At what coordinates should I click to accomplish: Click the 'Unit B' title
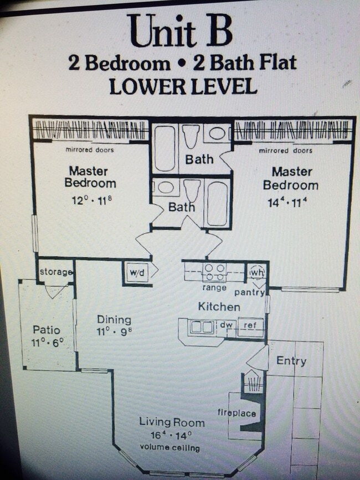click(180, 30)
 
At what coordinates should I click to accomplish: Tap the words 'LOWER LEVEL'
click(183, 87)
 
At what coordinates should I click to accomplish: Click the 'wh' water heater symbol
click(256, 272)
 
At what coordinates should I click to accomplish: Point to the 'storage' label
click(56, 272)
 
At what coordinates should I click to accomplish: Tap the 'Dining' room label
click(114, 319)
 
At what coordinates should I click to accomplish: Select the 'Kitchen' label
click(219, 307)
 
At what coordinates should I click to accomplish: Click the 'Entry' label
click(291, 361)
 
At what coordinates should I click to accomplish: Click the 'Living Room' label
click(172, 423)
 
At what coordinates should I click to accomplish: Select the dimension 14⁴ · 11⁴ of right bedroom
click(286, 203)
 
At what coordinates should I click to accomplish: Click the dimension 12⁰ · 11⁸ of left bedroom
click(90, 200)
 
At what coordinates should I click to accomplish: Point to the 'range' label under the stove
click(214, 288)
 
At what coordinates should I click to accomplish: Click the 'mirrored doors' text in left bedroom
click(90, 150)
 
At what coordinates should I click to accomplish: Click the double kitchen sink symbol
click(202, 327)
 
